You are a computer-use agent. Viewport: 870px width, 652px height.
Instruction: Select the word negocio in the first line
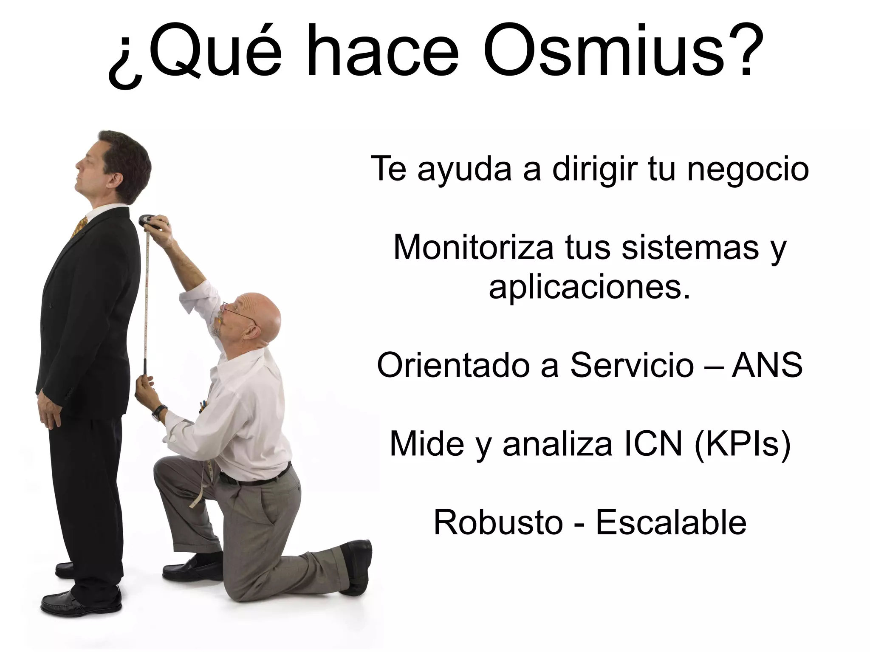748,169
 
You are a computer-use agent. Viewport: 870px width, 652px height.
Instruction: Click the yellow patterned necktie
79,227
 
